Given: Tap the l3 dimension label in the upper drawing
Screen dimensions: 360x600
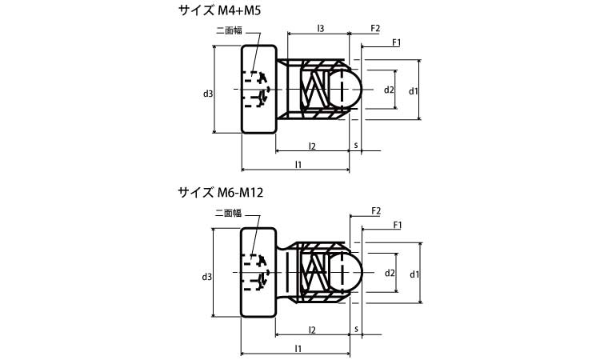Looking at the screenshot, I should click(320, 29).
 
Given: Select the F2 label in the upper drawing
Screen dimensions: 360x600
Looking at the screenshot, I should click(375, 29).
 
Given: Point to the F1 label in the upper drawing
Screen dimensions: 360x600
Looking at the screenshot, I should click(396, 42).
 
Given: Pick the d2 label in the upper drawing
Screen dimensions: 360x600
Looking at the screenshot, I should click(389, 90).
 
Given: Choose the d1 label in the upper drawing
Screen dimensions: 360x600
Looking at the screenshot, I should click(413, 91).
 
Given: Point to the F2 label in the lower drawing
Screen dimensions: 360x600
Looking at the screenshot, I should click(376, 210).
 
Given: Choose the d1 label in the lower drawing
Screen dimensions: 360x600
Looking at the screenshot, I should click(413, 274).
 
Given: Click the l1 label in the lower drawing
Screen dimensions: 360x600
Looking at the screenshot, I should click(298, 349).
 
